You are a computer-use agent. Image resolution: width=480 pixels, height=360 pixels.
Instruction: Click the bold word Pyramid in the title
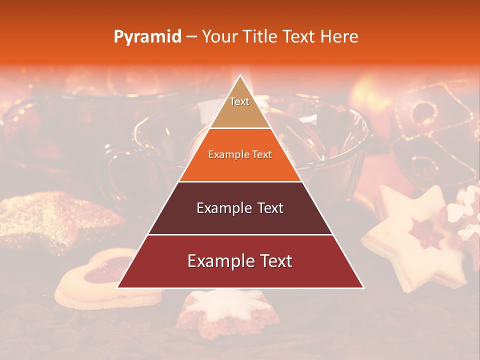coord(147,37)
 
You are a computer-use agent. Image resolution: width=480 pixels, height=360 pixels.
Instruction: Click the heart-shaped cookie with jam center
coord(100,280)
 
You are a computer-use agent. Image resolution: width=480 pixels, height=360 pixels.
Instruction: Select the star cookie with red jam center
coord(420,235)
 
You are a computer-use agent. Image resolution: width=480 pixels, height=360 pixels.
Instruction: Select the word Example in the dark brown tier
coord(218,208)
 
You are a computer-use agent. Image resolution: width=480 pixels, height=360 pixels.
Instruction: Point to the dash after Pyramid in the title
coord(191,37)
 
